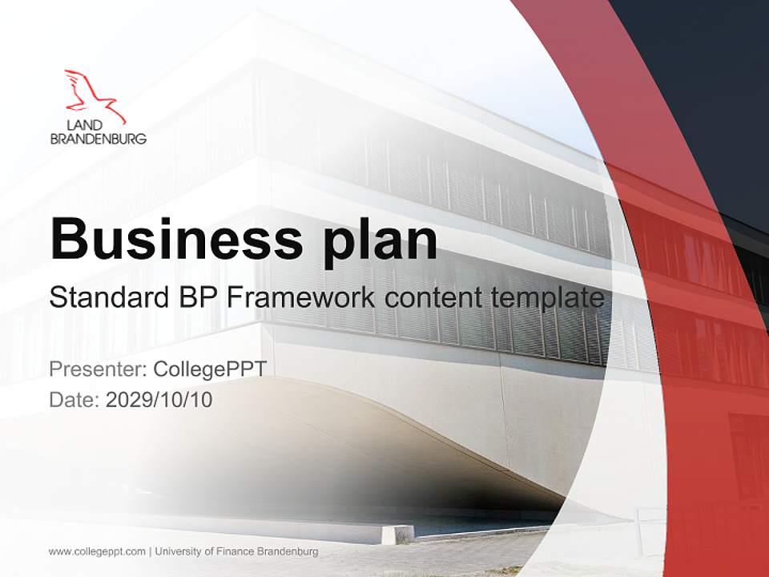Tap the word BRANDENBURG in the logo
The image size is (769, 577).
[98, 139]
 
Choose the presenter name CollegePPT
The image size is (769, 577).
[209, 369]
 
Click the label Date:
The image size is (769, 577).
[74, 399]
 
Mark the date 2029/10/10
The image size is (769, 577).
[159, 399]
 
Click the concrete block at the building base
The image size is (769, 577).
[397, 534]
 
